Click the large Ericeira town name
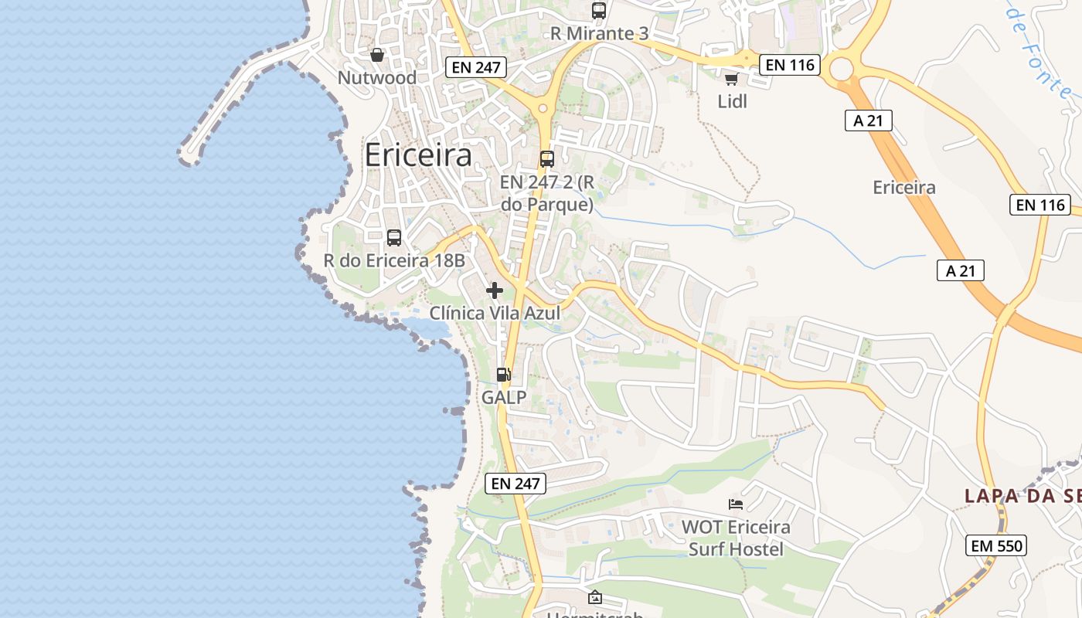click(417, 155)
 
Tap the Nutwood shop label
click(377, 78)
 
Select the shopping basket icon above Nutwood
click(377, 55)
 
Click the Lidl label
click(733, 101)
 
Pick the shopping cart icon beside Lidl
click(731, 79)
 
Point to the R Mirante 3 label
click(599, 34)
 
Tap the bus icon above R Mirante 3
click(599, 11)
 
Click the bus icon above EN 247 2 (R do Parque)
click(547, 159)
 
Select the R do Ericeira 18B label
click(394, 260)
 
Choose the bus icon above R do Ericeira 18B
click(394, 238)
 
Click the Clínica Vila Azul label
click(495, 313)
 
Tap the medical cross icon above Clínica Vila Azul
click(495, 290)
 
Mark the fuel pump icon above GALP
click(504, 375)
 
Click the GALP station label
click(504, 398)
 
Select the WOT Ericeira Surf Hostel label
click(736, 538)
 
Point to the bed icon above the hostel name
click(736, 504)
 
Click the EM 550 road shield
click(996, 545)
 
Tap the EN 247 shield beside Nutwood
click(476, 67)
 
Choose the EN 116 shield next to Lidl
click(789, 65)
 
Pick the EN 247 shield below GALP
click(515, 484)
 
